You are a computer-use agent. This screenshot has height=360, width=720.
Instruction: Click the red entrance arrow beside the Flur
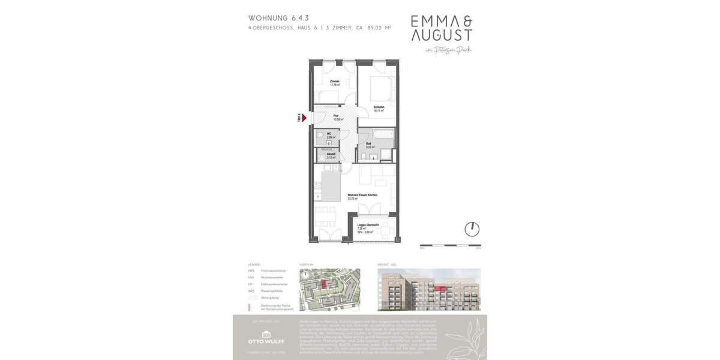point(304,118)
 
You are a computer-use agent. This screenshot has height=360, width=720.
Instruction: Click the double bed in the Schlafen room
point(381,89)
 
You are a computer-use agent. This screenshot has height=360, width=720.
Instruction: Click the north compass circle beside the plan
point(472,229)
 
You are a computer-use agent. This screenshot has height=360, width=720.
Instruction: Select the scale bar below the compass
point(450,245)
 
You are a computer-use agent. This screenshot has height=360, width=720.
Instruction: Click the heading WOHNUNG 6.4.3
point(279,18)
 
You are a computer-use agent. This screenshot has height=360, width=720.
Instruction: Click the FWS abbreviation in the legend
point(251,271)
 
